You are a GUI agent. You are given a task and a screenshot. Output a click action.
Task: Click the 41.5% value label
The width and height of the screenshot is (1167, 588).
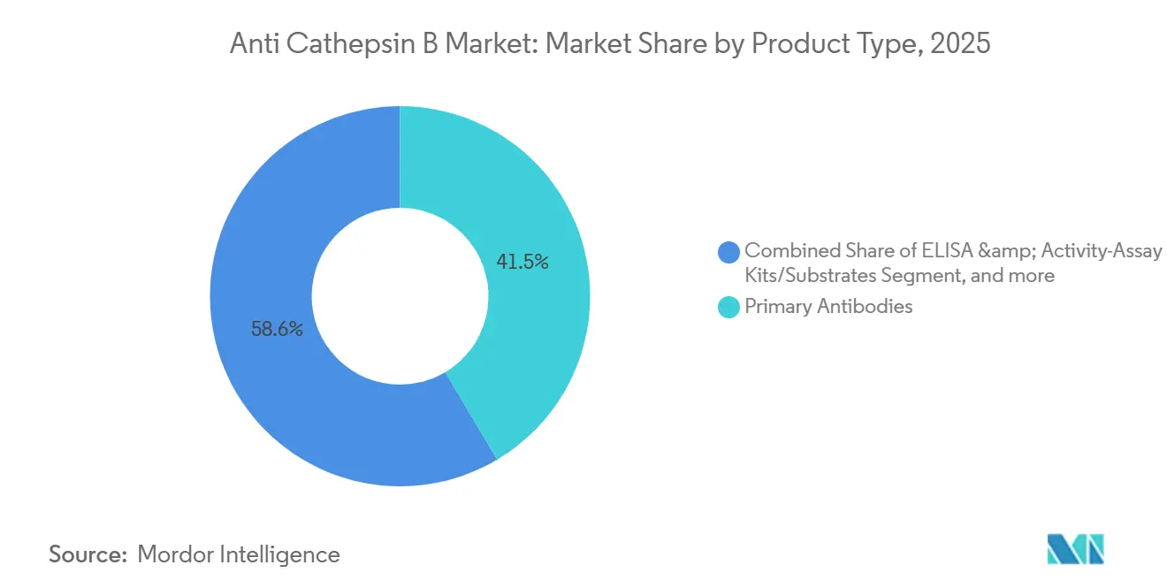(x=523, y=262)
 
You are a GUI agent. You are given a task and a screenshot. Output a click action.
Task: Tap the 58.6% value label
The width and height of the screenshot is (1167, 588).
(x=277, y=330)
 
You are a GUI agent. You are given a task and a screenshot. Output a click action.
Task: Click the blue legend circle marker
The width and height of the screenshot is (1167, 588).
(x=729, y=251)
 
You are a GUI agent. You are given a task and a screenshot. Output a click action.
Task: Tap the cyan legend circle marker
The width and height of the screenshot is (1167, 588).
(x=729, y=307)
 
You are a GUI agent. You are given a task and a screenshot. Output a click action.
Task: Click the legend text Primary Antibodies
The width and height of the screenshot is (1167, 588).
(x=828, y=307)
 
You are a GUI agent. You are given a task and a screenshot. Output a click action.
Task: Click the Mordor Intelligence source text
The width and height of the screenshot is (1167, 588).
(x=239, y=554)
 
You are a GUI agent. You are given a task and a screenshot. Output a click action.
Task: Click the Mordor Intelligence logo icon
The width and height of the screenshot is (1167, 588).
(x=1075, y=549)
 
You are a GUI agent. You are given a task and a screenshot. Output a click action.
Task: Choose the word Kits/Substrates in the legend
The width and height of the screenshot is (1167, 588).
(x=811, y=275)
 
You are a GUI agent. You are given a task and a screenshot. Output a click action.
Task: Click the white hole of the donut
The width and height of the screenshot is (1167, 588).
(x=400, y=294)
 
